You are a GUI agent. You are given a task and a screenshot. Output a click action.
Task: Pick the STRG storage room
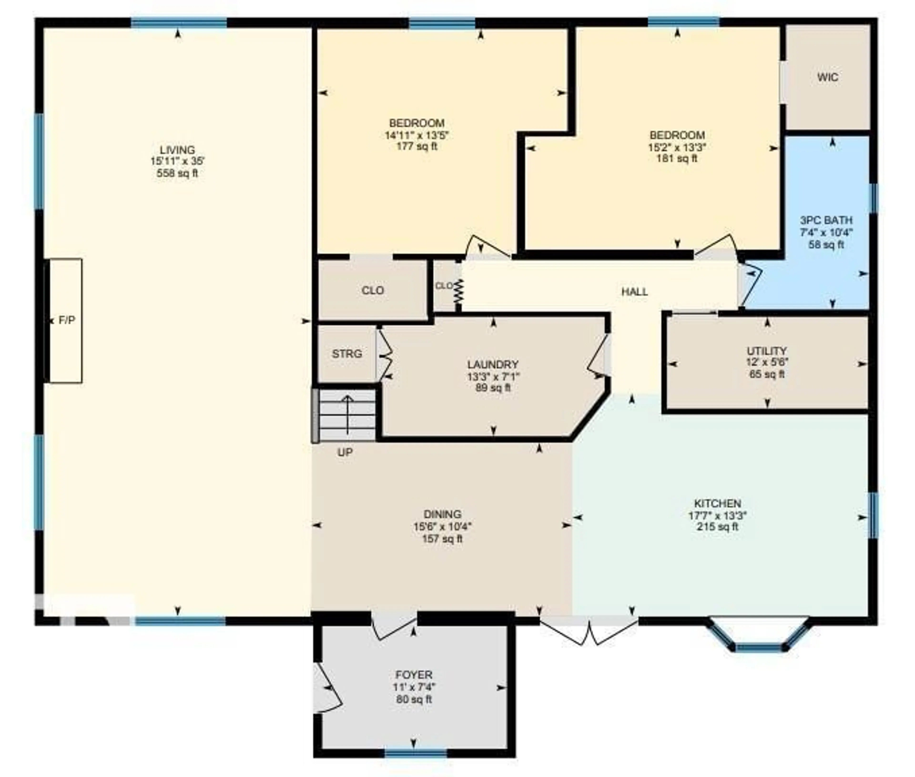click(347, 354)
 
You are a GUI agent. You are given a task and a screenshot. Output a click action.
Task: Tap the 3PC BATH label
click(826, 220)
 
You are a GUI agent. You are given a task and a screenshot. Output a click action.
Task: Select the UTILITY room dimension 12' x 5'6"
click(767, 362)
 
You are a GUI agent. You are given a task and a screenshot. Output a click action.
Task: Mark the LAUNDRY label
click(493, 365)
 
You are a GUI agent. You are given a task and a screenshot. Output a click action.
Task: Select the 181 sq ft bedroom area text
click(677, 158)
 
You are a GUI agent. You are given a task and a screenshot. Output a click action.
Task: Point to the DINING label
click(442, 514)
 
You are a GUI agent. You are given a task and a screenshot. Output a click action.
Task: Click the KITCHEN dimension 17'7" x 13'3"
click(717, 515)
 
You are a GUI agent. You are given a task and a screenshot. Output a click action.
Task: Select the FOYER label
click(414, 675)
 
